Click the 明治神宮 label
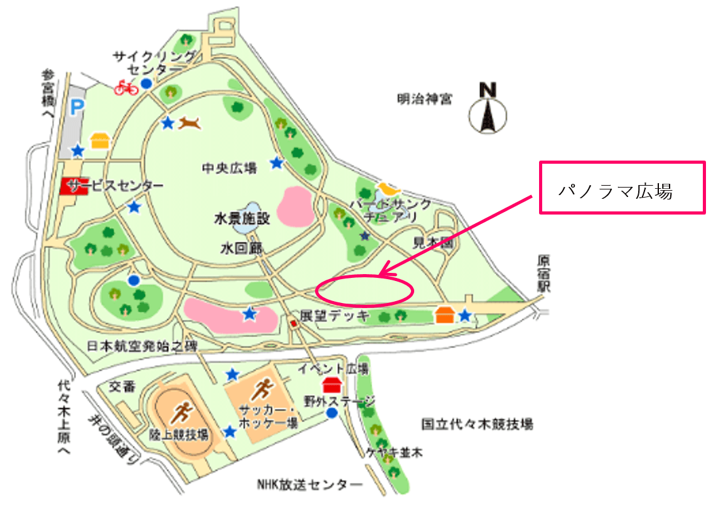[x=424, y=98]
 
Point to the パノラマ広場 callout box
[x=622, y=188]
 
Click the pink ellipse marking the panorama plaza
[x=365, y=291]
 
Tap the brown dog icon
[x=190, y=123]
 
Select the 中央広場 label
[x=229, y=168]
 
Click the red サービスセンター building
[x=73, y=187]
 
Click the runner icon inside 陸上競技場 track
[x=183, y=412]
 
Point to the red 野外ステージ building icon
[x=331, y=384]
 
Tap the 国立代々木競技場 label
[x=477, y=424]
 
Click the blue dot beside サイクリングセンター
[x=146, y=83]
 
